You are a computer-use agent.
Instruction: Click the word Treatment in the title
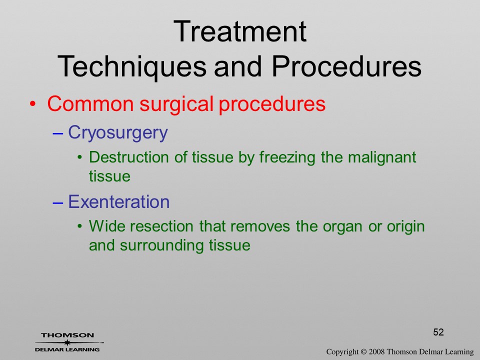coord(239,31)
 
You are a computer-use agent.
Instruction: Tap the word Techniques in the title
coord(132,66)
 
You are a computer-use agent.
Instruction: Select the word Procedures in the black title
coord(346,66)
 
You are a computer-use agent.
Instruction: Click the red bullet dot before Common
coord(32,104)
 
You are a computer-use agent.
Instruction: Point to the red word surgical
coord(176,104)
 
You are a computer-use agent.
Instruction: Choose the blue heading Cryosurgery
coord(118,133)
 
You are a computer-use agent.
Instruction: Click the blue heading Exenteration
coord(119,201)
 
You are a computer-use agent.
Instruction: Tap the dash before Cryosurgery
coord(58,134)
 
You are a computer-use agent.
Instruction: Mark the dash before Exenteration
coord(58,203)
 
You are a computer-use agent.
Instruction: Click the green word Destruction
coord(129,157)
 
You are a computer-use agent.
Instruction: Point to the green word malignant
coord(382,158)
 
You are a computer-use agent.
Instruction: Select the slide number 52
coord(438,332)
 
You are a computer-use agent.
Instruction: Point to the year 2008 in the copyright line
coord(376,351)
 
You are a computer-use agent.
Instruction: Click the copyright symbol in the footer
coord(363,351)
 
